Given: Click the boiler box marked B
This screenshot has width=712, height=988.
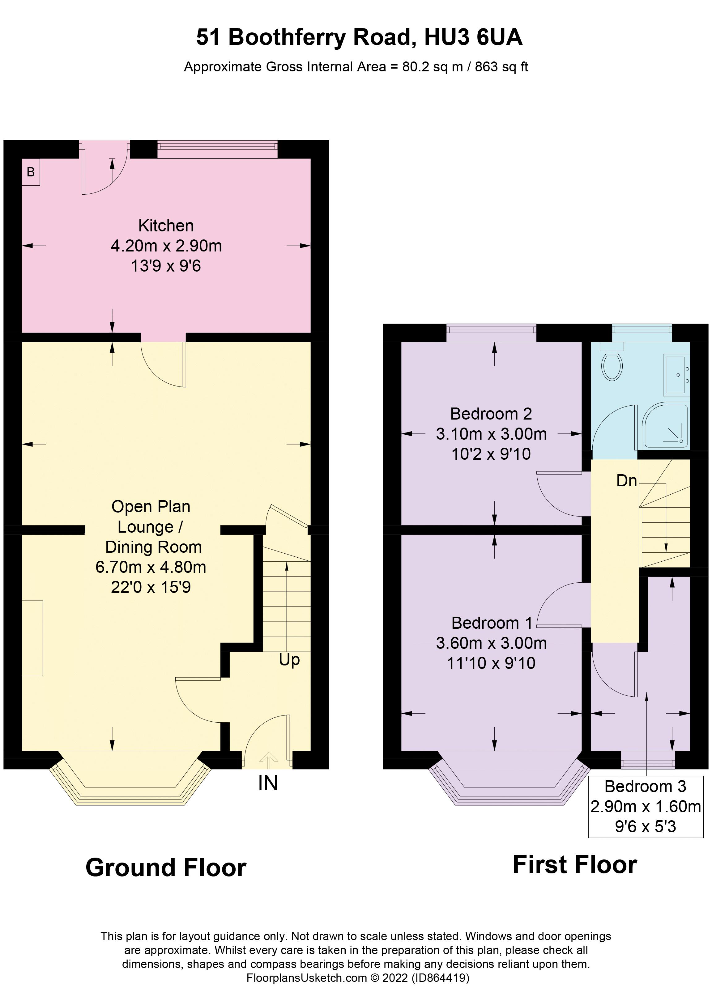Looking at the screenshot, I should [31, 172].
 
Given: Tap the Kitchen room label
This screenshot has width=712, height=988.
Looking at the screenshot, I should [166, 226].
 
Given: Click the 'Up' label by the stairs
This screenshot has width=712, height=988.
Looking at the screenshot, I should [289, 660].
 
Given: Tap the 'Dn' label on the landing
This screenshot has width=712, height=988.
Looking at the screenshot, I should [627, 481].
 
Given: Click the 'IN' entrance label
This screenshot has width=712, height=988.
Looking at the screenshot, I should [268, 783].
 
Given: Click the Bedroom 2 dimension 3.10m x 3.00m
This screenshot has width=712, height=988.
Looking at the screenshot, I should [491, 434].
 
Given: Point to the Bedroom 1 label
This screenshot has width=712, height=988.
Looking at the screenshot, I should [491, 623].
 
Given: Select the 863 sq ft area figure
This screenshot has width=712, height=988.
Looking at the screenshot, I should [501, 67].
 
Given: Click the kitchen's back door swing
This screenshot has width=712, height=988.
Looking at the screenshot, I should [104, 172].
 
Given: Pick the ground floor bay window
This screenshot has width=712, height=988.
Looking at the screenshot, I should [130, 780].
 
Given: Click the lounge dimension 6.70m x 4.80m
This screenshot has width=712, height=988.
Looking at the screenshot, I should [151, 567].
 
